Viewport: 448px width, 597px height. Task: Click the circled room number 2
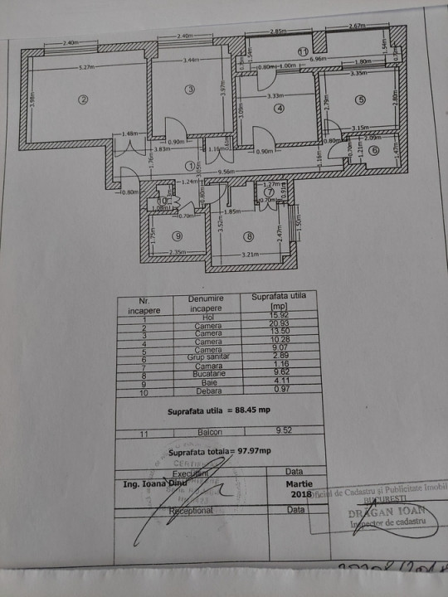(x=83, y=100)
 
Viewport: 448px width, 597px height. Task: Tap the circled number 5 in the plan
(x=360, y=99)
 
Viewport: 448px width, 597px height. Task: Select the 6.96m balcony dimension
(x=319, y=60)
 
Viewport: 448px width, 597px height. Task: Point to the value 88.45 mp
(x=254, y=410)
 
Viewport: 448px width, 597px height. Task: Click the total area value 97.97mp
(x=255, y=453)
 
